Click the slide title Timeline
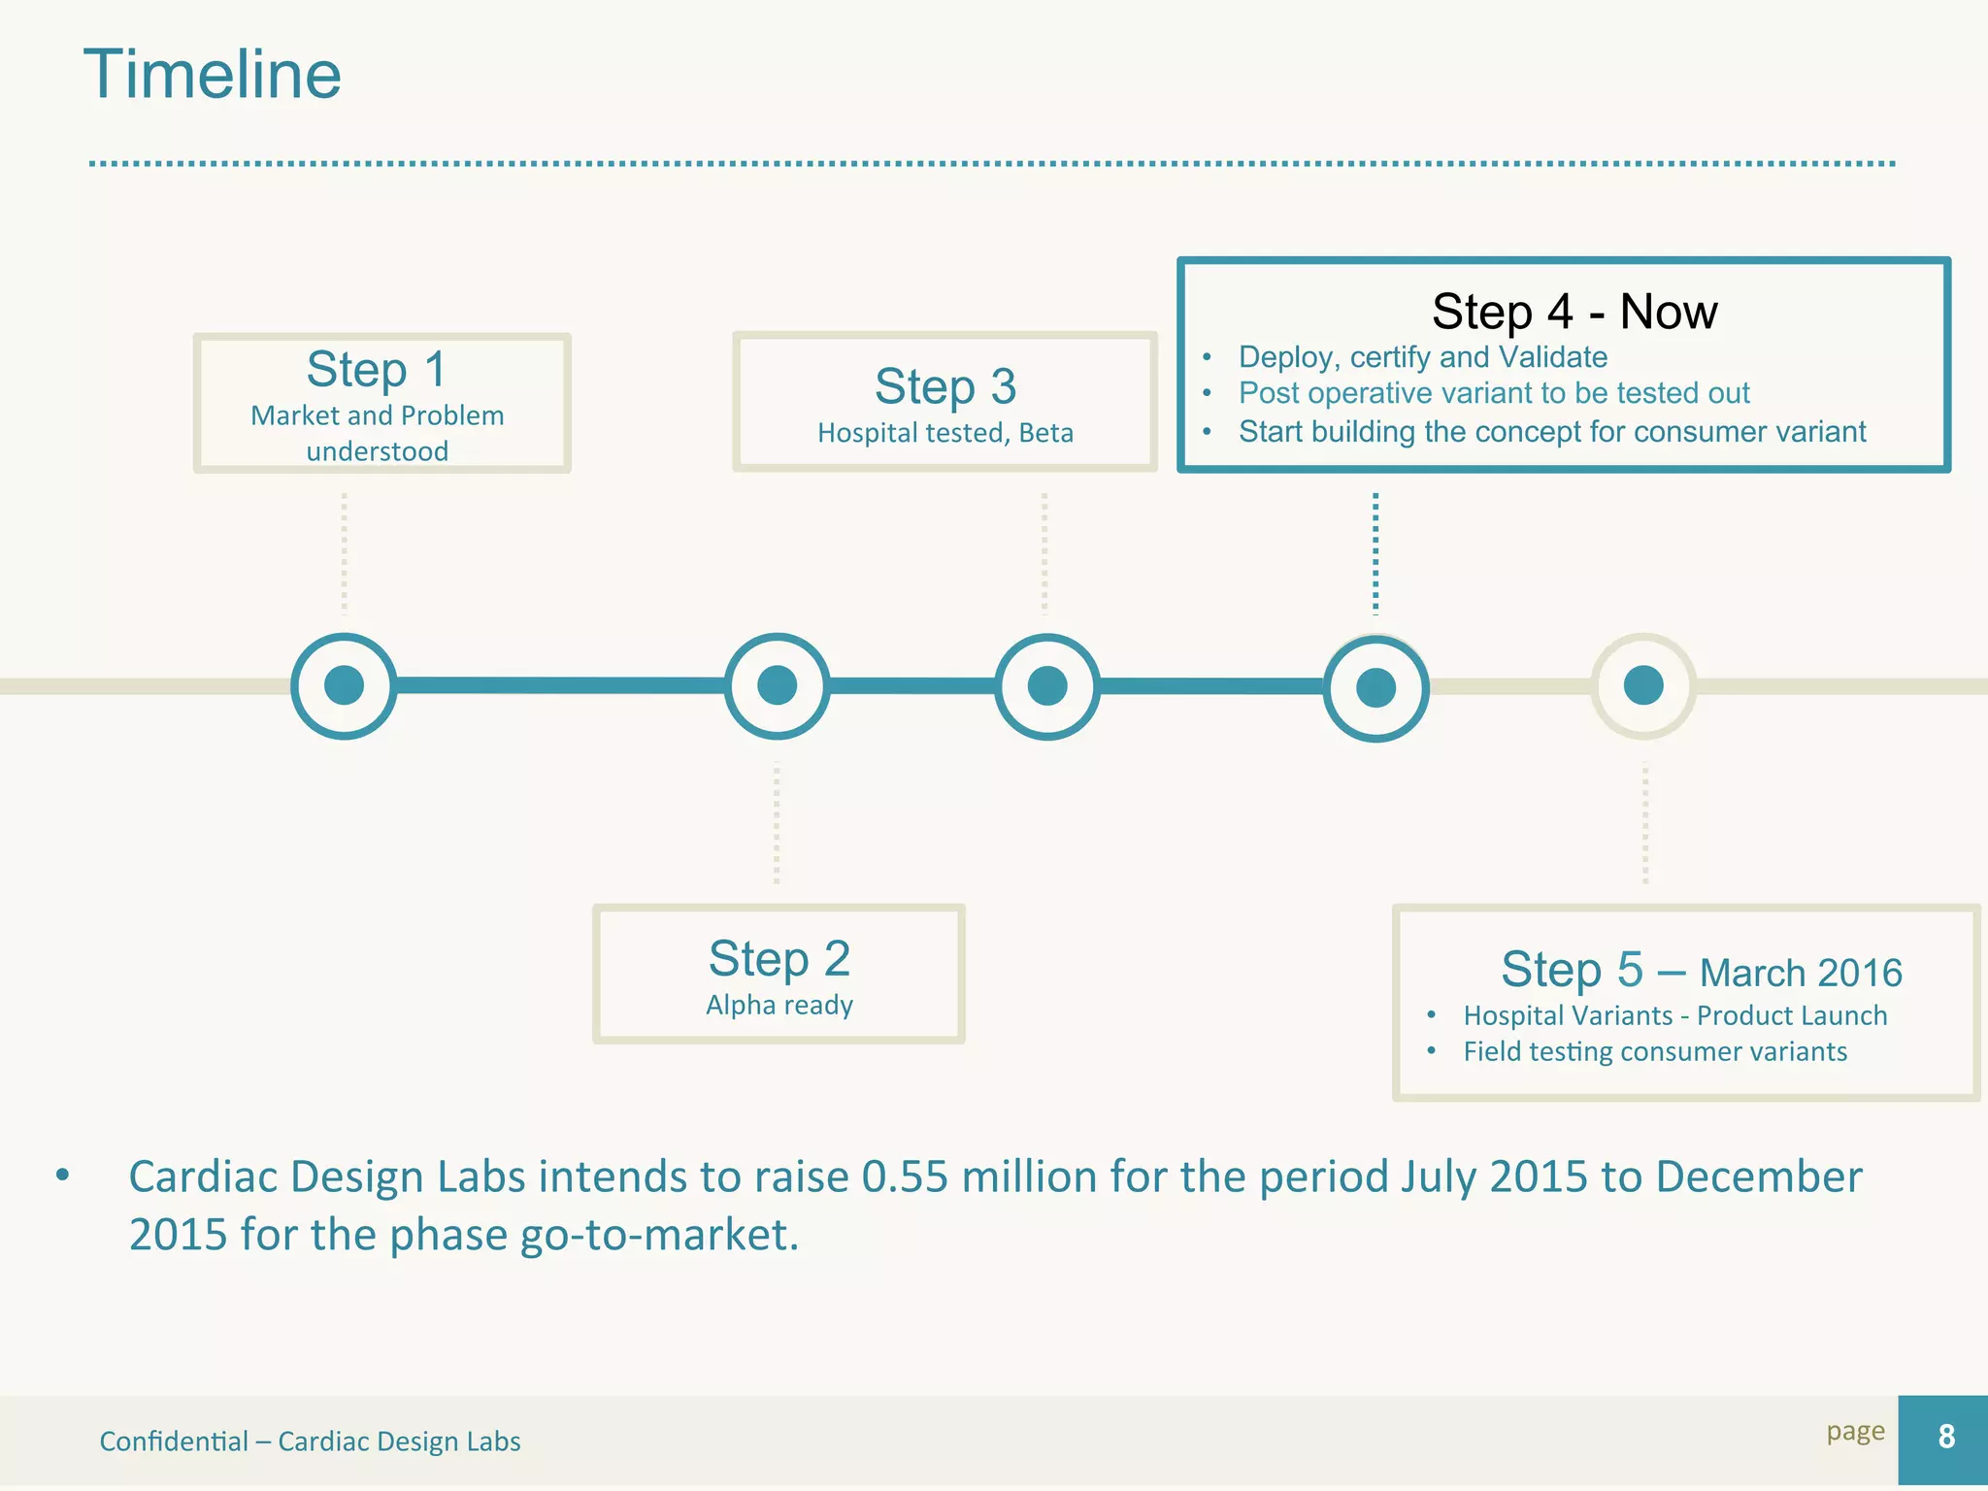coord(213,75)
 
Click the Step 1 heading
coord(377,370)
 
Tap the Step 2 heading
coord(779,959)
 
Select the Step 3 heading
coord(945,386)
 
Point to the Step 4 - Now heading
coord(1574,312)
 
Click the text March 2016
coord(1801,973)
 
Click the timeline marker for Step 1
coord(345,685)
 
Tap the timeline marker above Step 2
coord(777,685)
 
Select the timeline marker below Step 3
coord(1047,685)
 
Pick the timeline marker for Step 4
coord(1375,687)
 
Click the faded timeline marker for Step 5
coord(1643,685)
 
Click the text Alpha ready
coord(779,1005)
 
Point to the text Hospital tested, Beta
coord(945,433)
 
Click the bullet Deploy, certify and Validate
coord(1422,357)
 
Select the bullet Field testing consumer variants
coord(1655,1051)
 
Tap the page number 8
coord(1945,1437)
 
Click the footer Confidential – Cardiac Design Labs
coord(310,1441)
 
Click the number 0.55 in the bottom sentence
coord(904,1176)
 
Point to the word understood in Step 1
coord(377,451)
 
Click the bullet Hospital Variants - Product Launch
coord(1675,1015)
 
